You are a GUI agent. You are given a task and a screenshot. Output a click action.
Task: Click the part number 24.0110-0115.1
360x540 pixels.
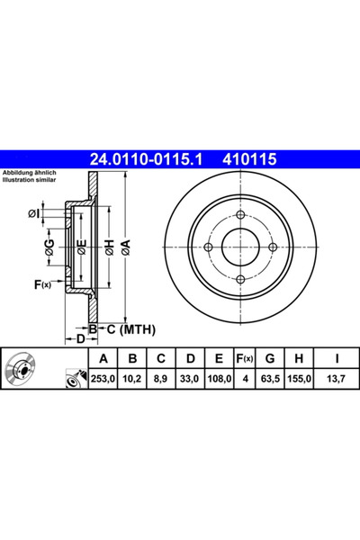pos(146,159)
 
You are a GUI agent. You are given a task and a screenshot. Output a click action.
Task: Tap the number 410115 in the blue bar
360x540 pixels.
pos(250,159)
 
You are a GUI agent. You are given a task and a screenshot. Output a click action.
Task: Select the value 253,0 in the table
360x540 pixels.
pos(103,379)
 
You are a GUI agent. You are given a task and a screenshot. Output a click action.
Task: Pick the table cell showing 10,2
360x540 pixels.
pos(132,379)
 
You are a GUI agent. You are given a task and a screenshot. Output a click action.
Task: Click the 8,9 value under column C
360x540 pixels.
pos(160,379)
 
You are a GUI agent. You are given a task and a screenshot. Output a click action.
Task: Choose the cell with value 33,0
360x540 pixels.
pos(190,379)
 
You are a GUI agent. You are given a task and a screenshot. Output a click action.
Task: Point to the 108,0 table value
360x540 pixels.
pos(219,379)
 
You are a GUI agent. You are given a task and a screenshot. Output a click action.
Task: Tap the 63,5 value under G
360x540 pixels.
pos(270,379)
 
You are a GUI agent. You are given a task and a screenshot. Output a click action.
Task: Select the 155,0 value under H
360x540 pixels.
pos(299,379)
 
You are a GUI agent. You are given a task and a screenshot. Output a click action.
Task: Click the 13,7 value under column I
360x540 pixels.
pos(337,379)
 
